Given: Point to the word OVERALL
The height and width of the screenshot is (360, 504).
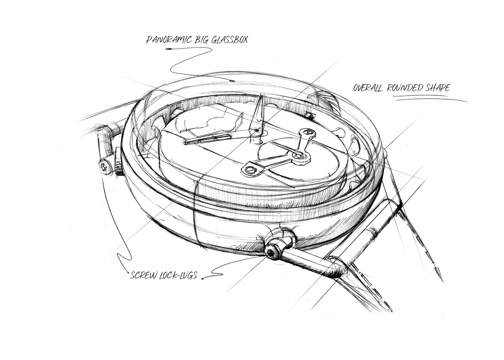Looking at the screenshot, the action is point(368,88).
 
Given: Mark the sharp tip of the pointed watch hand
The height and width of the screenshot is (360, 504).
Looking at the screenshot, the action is point(262,94).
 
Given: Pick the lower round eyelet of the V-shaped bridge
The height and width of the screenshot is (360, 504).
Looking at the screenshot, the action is point(249,169).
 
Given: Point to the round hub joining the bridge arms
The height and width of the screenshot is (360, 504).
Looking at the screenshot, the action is point(300,155).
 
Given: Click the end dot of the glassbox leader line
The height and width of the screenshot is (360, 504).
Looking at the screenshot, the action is point(232,81).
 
